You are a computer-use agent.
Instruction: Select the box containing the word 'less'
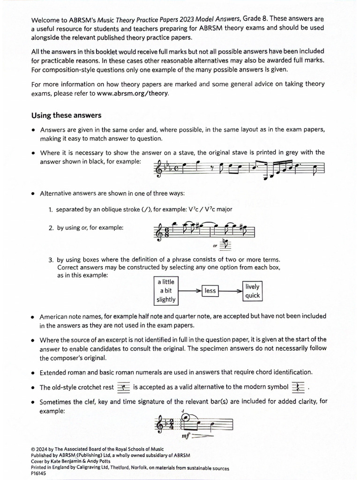point(210,291)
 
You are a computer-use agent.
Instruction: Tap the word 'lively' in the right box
point(252,286)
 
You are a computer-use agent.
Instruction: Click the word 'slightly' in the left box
point(166,299)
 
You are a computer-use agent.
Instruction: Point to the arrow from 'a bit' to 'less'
point(189,291)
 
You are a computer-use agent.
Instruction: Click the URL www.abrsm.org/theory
point(132,93)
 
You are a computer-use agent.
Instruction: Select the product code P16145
point(38,474)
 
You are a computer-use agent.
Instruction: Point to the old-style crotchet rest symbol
point(124,387)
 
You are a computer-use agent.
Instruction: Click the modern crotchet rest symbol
point(298,387)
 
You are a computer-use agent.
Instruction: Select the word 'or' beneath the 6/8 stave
point(215,244)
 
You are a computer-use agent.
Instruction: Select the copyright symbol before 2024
point(33,450)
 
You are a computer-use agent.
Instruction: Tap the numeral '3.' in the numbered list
point(51,260)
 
